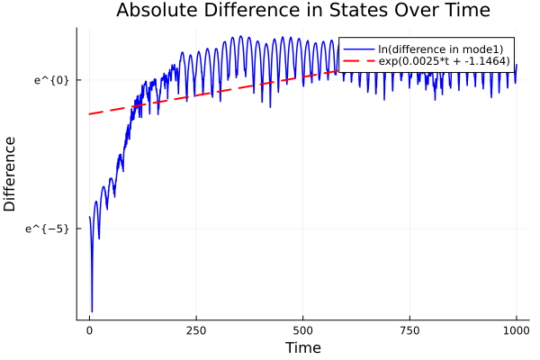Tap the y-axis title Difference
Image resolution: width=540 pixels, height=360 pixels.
[x=10, y=174]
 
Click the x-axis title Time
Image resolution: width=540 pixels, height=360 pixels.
[x=302, y=347]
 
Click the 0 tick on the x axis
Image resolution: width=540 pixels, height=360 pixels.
[x=89, y=329]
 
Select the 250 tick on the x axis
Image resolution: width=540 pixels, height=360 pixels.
[x=196, y=329]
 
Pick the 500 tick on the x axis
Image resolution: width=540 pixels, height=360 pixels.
[x=302, y=329]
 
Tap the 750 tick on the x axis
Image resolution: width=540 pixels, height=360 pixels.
[x=409, y=329]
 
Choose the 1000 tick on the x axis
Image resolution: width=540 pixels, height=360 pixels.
[x=517, y=329]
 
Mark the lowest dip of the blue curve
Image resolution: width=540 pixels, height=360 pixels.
[x=92, y=311]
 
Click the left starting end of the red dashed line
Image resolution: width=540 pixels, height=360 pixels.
[x=89, y=114]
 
